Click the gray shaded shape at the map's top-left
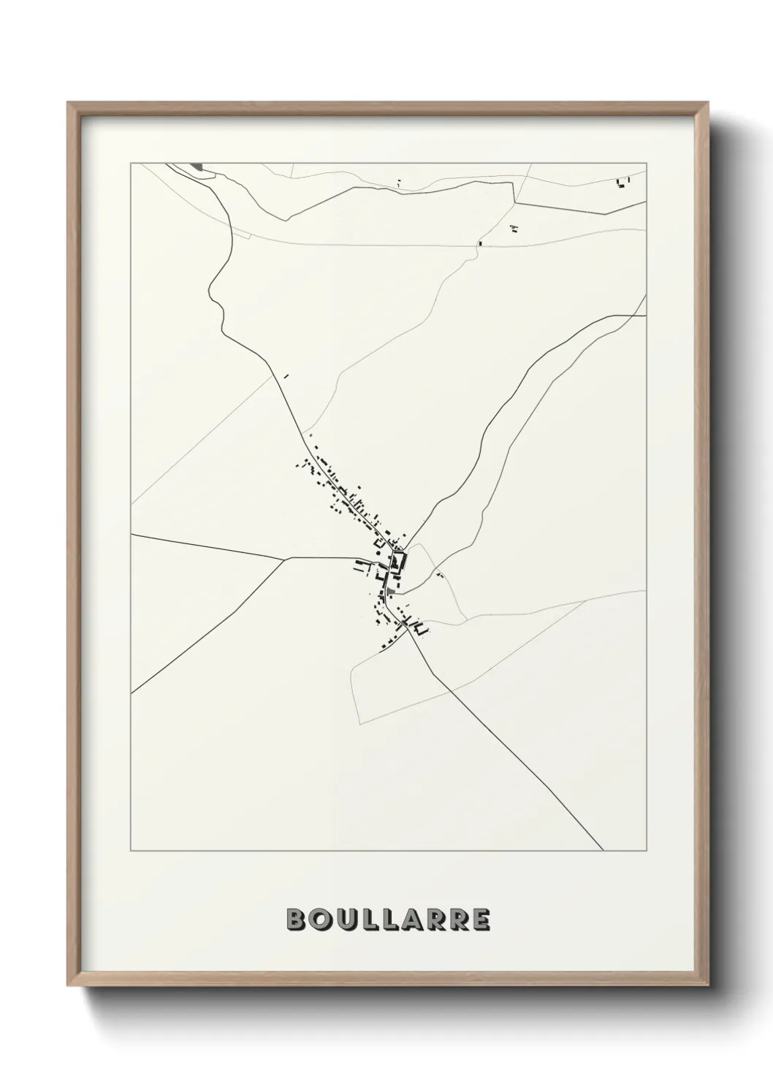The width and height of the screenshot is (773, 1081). point(198,168)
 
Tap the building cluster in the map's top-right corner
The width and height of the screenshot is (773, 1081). point(622,183)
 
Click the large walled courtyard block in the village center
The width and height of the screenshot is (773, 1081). point(398,562)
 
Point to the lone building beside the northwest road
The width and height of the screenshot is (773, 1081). point(286,377)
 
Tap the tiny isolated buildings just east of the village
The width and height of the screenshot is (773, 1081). point(439,576)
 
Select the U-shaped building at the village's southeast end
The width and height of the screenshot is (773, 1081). point(419,627)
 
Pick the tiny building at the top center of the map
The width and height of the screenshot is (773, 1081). point(398,183)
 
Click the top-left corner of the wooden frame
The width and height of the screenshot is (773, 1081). point(69,103)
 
